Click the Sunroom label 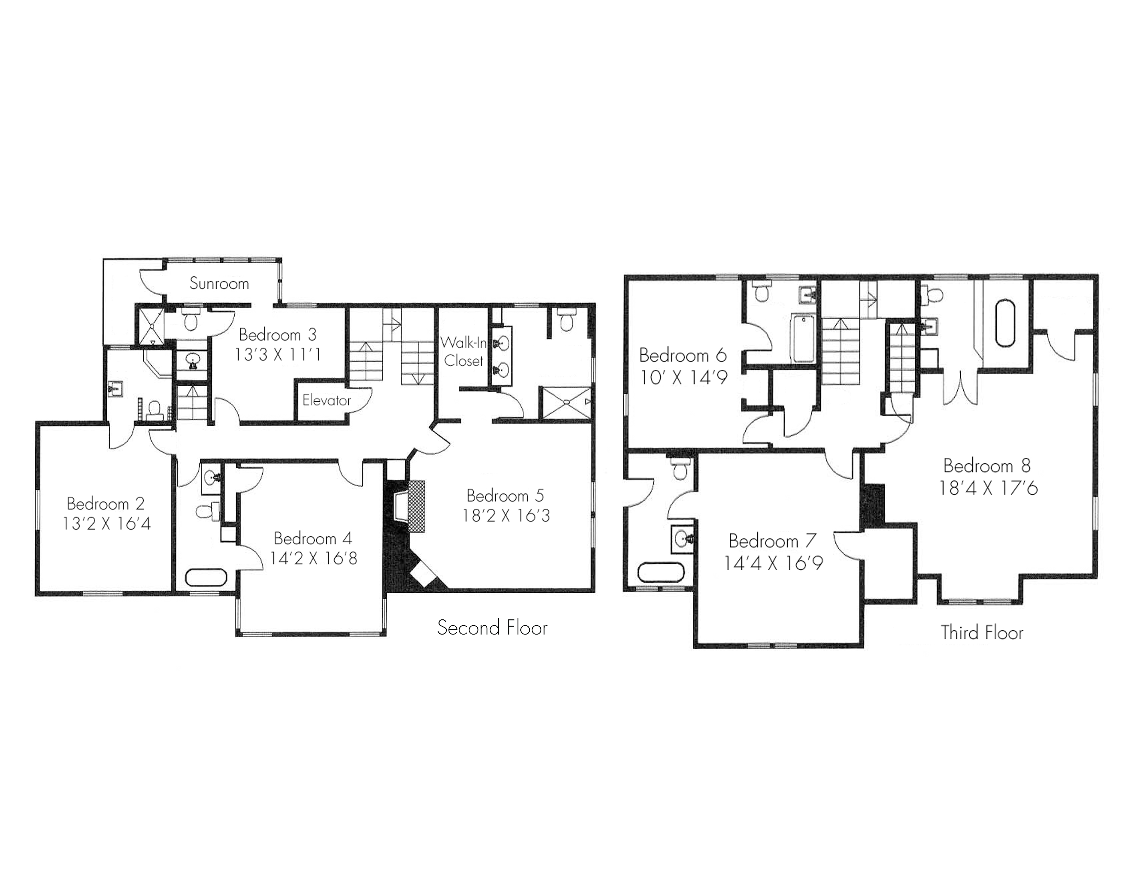point(219,284)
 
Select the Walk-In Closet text point(463,352)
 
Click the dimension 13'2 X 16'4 point(107,524)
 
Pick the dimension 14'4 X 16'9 point(773,564)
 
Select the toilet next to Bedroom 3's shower point(191,320)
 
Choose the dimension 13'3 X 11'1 point(277,355)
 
